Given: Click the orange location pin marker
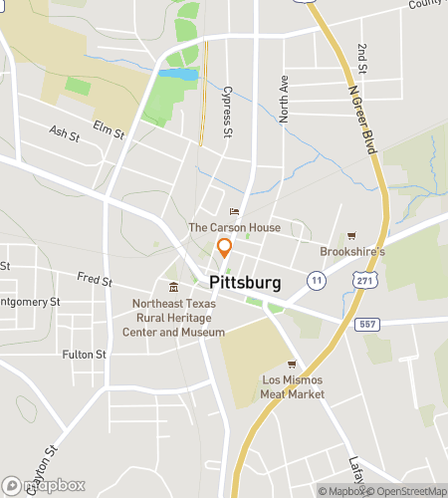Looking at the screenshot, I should click(x=224, y=249).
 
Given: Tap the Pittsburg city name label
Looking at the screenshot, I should click(x=245, y=283).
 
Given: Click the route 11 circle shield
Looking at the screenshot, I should click(x=316, y=280).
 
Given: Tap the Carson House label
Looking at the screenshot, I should click(x=234, y=227).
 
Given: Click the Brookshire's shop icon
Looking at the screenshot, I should click(x=350, y=236).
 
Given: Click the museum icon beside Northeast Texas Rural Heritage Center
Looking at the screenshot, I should click(x=173, y=288).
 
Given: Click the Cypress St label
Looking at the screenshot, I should click(x=228, y=109).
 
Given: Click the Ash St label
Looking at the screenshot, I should click(x=64, y=132).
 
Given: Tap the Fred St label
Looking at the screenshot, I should click(x=96, y=281).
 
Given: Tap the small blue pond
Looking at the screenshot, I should click(x=177, y=75).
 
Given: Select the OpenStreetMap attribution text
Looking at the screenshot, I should click(x=407, y=490).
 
